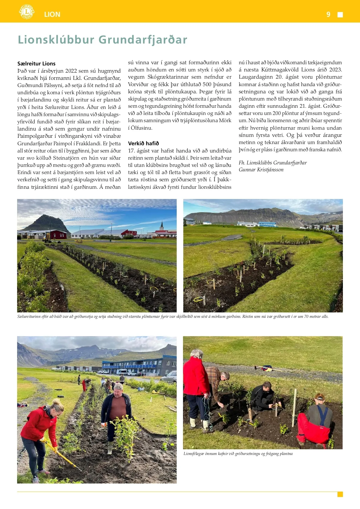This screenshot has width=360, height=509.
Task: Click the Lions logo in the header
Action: click(x=26, y=12)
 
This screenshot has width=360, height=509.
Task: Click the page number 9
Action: click(x=328, y=14)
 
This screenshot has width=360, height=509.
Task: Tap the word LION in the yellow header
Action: click(x=52, y=14)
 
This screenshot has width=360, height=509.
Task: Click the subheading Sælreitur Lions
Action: click(x=36, y=64)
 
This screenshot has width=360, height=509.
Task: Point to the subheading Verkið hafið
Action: click(x=143, y=143)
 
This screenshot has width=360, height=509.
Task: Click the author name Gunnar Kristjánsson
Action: click(x=261, y=170)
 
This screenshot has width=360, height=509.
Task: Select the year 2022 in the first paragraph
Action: click(x=71, y=71)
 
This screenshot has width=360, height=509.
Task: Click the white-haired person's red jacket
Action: click(x=196, y=377)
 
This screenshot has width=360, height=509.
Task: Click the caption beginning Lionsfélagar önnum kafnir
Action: click(x=238, y=453)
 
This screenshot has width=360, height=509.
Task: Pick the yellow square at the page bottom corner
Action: click(x=340, y=494)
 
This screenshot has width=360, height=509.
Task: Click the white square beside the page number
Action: click(x=340, y=15)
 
